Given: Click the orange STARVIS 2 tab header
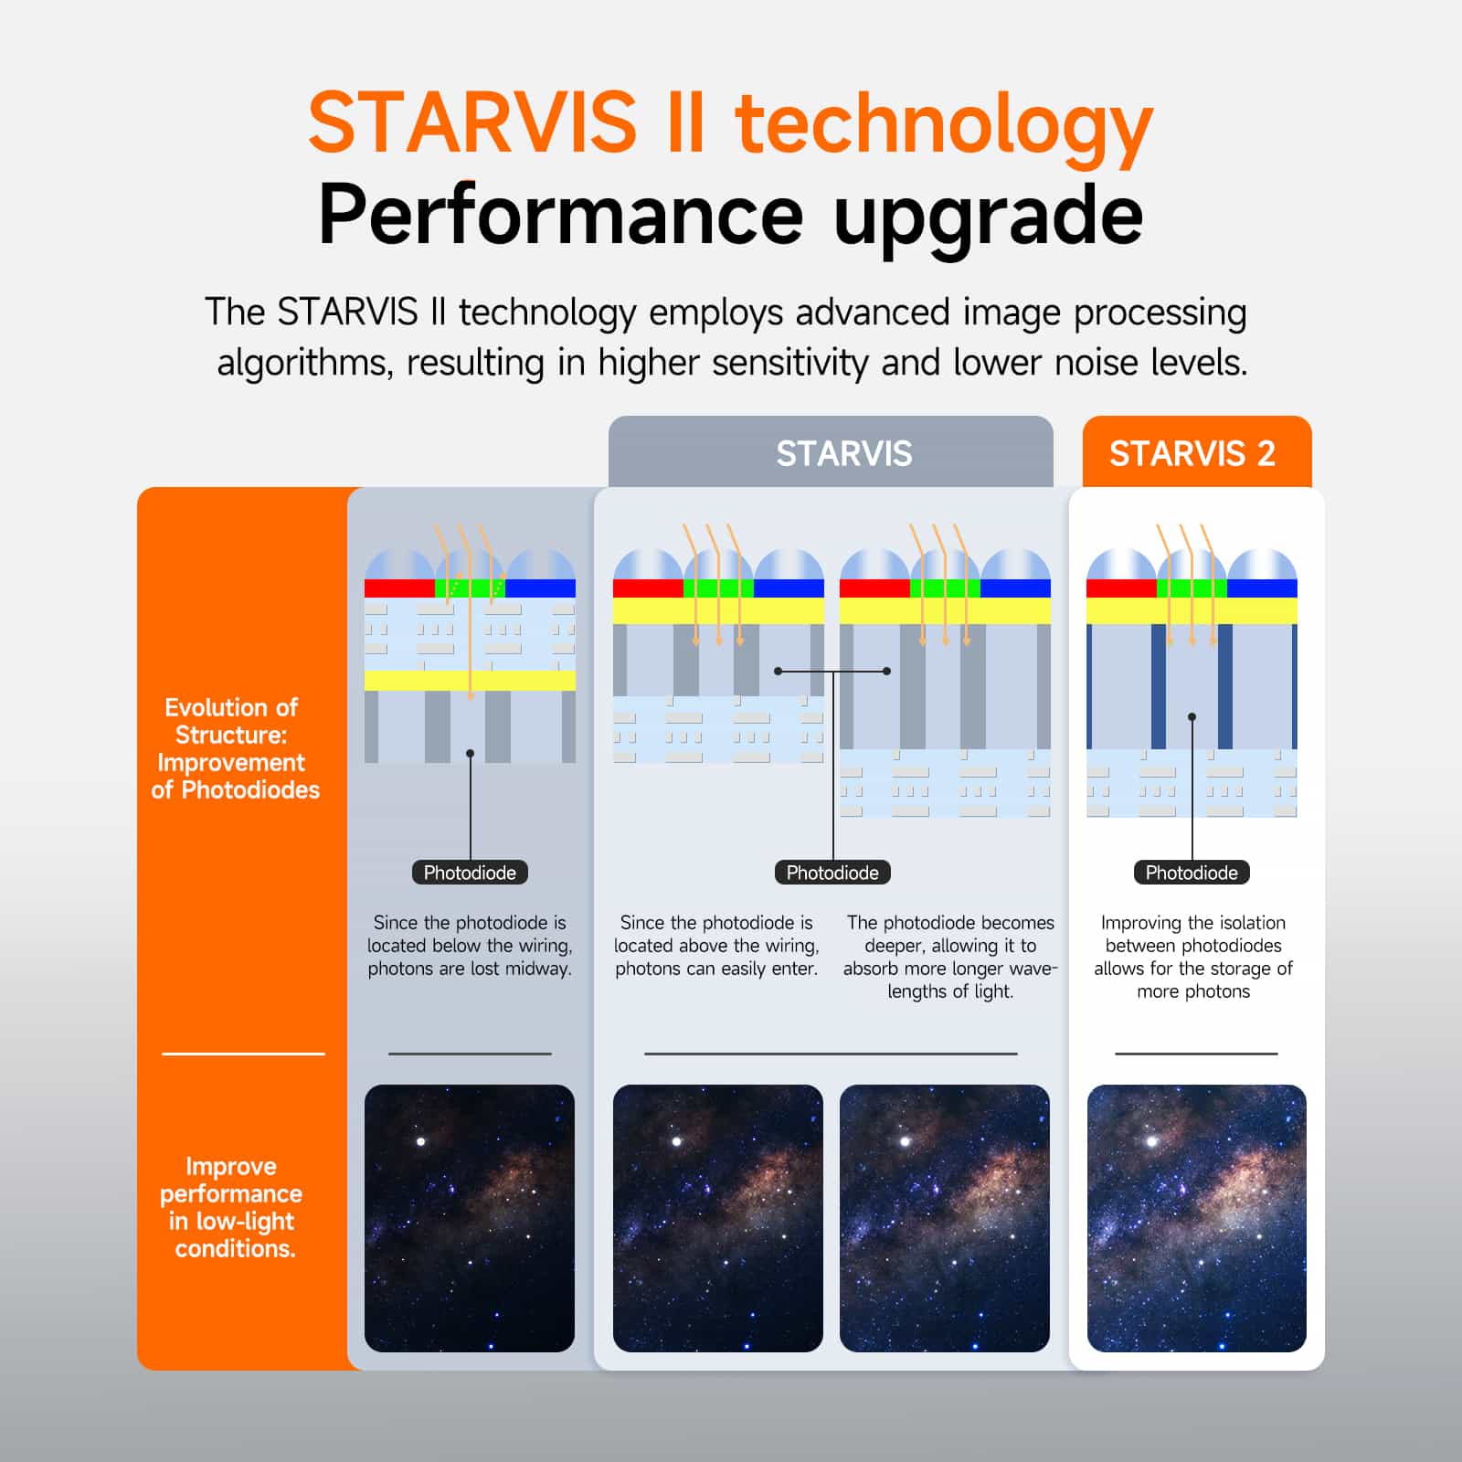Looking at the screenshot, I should click(1192, 453).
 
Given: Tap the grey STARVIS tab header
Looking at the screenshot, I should click(843, 453).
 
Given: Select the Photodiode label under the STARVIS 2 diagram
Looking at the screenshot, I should click(1192, 873).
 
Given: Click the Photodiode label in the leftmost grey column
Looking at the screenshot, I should click(470, 873).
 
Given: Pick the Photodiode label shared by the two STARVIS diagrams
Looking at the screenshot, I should click(832, 873).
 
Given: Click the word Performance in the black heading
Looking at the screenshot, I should click(560, 216).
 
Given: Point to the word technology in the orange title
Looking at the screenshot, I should click(944, 125).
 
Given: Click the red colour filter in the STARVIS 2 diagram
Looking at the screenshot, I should click(1121, 588).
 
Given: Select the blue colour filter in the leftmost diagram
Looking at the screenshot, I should click(540, 588).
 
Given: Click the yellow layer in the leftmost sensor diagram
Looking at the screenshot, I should click(470, 681).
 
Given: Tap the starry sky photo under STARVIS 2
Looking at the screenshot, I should click(1196, 1218).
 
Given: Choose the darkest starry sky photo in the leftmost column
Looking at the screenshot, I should click(470, 1218).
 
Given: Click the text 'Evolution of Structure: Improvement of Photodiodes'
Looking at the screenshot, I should click(234, 748).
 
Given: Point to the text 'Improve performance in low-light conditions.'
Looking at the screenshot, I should click(232, 1207).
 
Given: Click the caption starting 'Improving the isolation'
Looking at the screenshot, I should click(1193, 957).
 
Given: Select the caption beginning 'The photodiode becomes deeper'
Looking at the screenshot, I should click(950, 957).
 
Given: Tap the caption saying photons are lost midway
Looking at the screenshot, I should click(470, 946).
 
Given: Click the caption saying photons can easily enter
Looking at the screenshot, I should click(716, 946).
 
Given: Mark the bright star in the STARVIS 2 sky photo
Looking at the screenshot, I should click(1152, 1141).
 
